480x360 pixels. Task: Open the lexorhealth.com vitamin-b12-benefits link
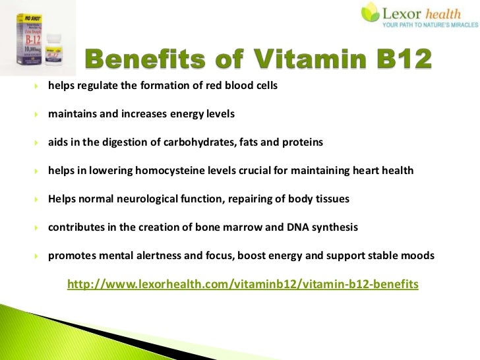pyautogui.click(x=243, y=284)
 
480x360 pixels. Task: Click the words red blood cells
pyautogui.click(x=248, y=86)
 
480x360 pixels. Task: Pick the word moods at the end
pyautogui.click(x=419, y=256)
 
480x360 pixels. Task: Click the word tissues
pyautogui.click(x=332, y=199)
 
